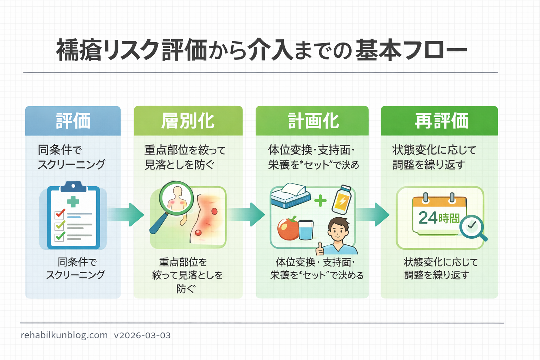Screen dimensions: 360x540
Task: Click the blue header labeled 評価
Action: [73, 121]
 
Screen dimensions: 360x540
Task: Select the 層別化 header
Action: [188, 121]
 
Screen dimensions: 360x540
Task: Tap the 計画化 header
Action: [312, 121]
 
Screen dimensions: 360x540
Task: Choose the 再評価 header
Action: [439, 121]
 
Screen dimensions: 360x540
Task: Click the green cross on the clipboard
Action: [73, 201]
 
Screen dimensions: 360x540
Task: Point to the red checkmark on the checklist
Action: [60, 213]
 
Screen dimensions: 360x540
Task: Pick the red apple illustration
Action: [288, 229]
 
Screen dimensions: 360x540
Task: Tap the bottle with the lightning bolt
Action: [342, 200]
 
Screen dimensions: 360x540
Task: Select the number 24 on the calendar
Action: [428, 218]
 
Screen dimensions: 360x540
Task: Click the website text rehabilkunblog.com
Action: [64, 335]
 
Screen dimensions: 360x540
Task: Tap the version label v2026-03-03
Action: [142, 335]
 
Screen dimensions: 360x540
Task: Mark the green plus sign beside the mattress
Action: [320, 201]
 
